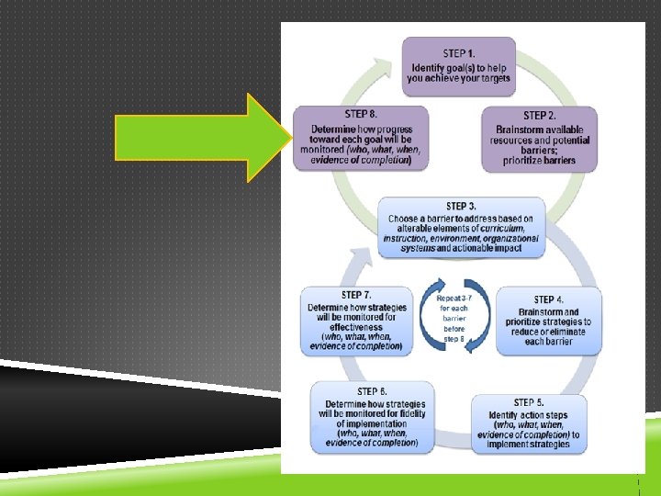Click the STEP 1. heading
pos(460,53)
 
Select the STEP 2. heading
pos(539,116)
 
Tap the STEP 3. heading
pos(460,207)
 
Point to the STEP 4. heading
pos(550,299)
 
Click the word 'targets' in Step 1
pos(489,79)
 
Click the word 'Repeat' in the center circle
pos(442,299)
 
